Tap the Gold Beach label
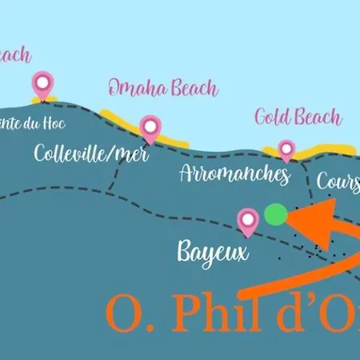tap(298, 117)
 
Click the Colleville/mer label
tap(90, 153)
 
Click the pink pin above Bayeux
tap(249, 221)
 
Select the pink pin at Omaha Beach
tap(150, 126)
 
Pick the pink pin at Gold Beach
tap(286, 150)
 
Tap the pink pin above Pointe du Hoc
tap(42, 82)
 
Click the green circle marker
tap(275, 214)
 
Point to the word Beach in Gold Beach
tap(318, 118)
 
